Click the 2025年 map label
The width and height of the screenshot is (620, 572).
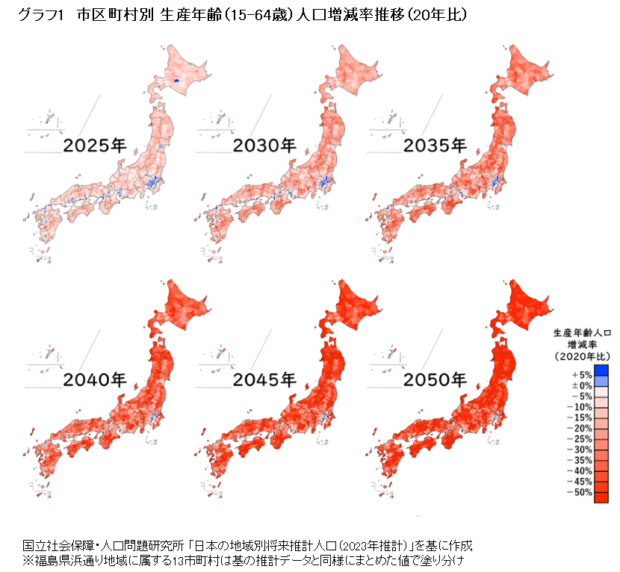pos(94,145)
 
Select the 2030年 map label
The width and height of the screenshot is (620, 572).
pos(265,145)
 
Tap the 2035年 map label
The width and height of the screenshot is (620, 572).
pos(435,145)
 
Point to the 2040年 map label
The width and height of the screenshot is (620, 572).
pos(94,379)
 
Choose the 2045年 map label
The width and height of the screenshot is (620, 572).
pos(265,379)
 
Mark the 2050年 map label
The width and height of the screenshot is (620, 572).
pos(435,379)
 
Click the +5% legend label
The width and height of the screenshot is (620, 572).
pos(581,374)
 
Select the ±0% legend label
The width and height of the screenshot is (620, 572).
pos(581,385)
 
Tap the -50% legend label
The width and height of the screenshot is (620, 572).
pos(580,493)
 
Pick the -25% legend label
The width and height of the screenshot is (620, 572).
pos(580,439)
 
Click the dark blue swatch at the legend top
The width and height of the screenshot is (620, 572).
pos(601,370)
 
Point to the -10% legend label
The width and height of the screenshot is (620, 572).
pos(580,406)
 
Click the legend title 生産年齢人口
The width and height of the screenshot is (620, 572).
pos(582,332)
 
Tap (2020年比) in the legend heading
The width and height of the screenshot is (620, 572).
pos(582,356)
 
